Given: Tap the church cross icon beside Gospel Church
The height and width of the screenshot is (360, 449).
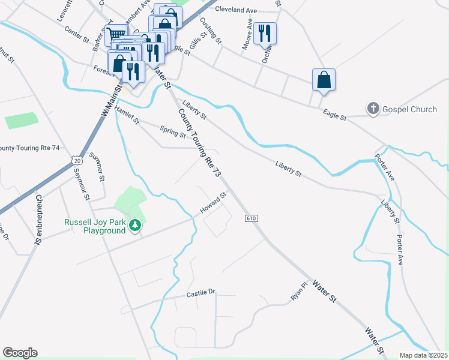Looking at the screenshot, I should click(373, 109).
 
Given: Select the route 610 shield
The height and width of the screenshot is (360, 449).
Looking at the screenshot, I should click(251, 218).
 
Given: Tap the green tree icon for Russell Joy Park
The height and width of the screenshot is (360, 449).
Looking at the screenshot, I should click(136, 224).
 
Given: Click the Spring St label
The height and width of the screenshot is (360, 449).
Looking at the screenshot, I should click(172, 130).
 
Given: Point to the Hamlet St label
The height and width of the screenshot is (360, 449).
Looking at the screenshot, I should click(127, 116).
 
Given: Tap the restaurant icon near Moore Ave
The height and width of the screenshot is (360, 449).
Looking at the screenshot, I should click(265, 34).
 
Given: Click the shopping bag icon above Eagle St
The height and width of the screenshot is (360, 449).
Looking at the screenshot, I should click(324, 80).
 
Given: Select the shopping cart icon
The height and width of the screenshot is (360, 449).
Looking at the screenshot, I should click(116, 34).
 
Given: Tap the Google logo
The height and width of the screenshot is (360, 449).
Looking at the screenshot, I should click(20, 353).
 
